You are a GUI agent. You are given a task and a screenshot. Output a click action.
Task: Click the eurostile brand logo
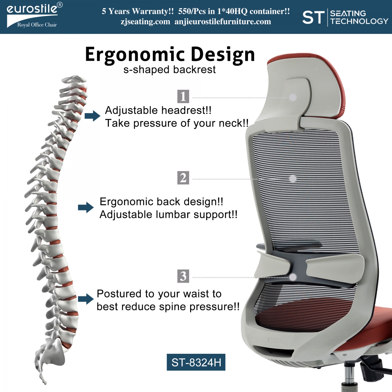(34, 15)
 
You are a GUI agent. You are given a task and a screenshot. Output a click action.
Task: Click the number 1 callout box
(183, 96)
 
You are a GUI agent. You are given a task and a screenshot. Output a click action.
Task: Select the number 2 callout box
(183, 178)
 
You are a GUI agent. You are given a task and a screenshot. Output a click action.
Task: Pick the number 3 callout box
(183, 276)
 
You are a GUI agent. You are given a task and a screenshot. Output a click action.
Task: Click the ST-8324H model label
(196, 362)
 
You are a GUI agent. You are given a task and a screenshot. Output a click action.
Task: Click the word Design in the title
(223, 55)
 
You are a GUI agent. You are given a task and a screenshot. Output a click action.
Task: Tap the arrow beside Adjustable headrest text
(92, 116)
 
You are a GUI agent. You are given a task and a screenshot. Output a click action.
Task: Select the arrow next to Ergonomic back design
(86, 207)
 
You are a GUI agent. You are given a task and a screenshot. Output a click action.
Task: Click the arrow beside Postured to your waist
(86, 299)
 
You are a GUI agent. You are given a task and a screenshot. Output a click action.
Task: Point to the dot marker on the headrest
(293, 97)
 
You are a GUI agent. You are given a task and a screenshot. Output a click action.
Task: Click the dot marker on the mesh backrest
(293, 179)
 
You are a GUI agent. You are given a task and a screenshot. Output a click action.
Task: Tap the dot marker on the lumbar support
(293, 277)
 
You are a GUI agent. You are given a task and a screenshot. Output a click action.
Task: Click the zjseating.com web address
(145, 22)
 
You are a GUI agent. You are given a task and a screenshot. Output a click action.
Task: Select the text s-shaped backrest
(170, 70)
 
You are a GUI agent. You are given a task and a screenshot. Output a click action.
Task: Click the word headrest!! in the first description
(186, 110)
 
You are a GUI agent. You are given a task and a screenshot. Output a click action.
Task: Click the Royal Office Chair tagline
(37, 25)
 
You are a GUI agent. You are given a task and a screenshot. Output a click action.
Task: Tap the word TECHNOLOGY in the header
(359, 21)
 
